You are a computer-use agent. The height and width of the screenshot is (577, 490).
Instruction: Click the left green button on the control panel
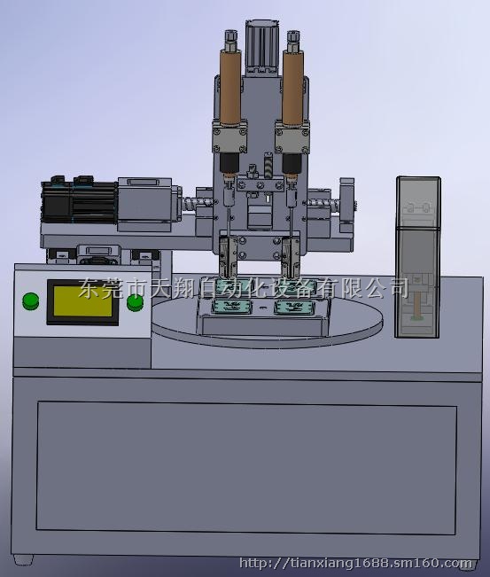30,301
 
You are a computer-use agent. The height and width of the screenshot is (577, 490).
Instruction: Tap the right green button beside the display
135,302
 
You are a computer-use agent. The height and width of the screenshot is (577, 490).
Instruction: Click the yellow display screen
83,301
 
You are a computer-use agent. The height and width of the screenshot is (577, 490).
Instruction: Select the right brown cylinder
293,88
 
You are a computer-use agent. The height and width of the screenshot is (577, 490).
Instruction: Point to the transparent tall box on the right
418,257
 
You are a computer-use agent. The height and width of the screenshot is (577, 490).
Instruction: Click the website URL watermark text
355,563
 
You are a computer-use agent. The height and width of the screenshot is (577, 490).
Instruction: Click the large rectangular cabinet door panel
246,467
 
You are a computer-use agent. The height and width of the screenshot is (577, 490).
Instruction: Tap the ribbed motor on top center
261,47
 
